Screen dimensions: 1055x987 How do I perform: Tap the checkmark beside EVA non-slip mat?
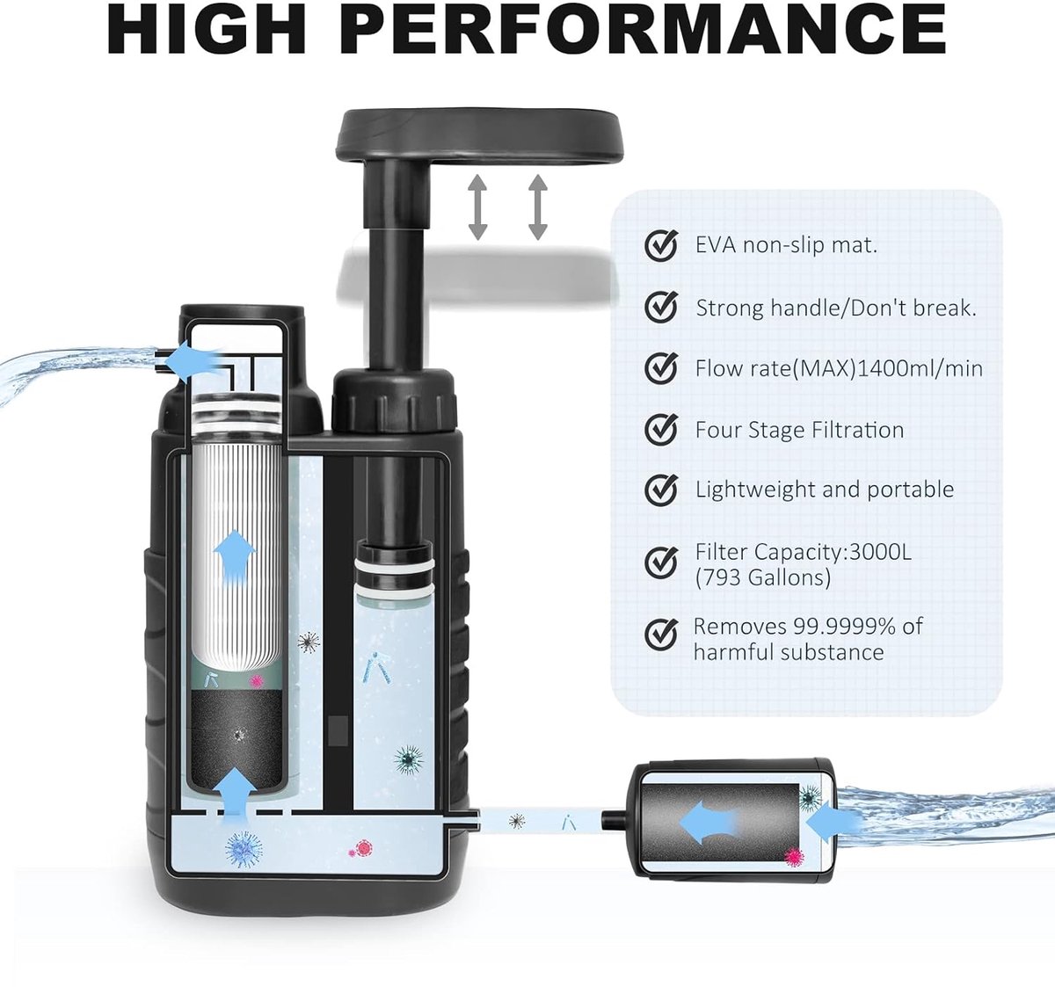tap(661, 245)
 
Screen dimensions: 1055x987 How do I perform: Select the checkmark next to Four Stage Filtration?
tap(661, 429)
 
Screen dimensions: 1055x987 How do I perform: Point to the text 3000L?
tap(881, 552)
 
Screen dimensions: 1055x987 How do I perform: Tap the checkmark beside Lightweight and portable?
tap(661, 490)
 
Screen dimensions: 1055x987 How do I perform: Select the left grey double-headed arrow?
tap(477, 207)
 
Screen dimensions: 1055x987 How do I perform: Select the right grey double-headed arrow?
tap(538, 207)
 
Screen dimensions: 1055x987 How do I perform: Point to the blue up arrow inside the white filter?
tap(234, 559)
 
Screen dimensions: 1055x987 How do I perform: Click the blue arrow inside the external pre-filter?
tap(707, 823)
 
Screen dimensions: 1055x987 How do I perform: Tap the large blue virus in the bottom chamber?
tap(244, 849)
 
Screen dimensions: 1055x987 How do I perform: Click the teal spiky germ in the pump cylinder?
tap(409, 759)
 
